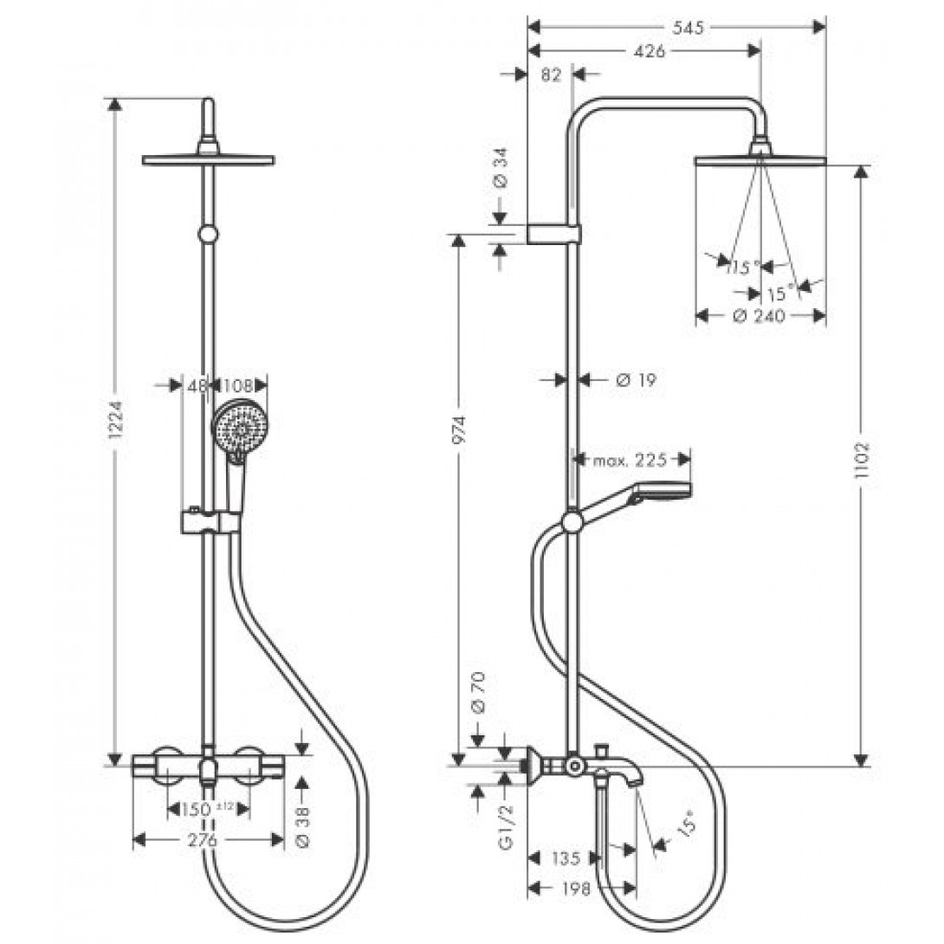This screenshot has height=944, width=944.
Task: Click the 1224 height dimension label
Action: pyautogui.click(x=116, y=428)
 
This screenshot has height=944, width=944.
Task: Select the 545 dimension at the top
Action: pyautogui.click(x=688, y=28)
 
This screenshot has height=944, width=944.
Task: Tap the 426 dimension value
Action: pyautogui.click(x=650, y=52)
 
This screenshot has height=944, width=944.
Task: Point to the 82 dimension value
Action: pyautogui.click(x=551, y=74)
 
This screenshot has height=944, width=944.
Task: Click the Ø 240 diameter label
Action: pyautogui.click(x=760, y=316)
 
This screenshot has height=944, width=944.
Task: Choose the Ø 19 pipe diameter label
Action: pyautogui.click(x=637, y=380)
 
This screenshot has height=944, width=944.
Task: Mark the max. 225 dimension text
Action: pyautogui.click(x=630, y=461)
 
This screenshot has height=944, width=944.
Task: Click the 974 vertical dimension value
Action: pyautogui.click(x=459, y=430)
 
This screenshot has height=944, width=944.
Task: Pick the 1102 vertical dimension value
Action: pyautogui.click(x=863, y=460)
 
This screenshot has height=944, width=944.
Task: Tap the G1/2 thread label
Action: pyautogui.click(x=507, y=827)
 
